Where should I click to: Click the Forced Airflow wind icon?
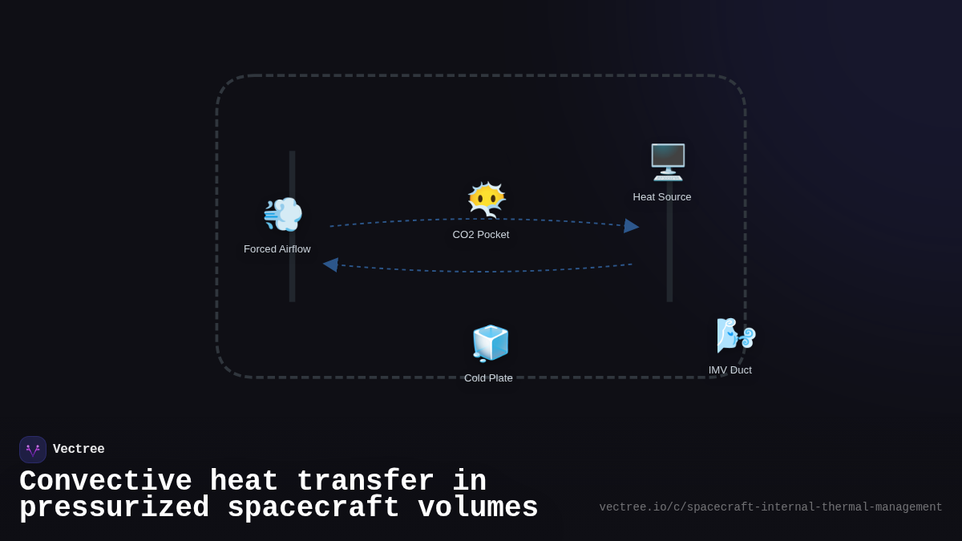tap(282, 214)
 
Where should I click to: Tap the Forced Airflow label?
tap(277, 249)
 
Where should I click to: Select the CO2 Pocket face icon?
tap(487, 200)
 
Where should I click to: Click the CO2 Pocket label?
tap(481, 235)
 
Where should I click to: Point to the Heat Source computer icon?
tap(668, 162)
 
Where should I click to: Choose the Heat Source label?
tap(662, 197)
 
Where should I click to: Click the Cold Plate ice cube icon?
tap(491, 343)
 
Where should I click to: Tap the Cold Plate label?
tap(488, 378)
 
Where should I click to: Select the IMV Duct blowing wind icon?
tap(735, 335)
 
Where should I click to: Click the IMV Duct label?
tap(730, 370)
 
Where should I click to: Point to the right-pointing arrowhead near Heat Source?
tap(632, 226)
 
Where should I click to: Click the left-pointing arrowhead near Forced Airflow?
tap(330, 264)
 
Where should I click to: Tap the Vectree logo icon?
tap(33, 450)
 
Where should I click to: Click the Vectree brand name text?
tap(79, 450)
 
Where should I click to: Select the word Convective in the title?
tap(106, 482)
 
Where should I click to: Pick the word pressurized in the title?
tap(114, 508)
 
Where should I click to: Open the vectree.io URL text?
tap(770, 507)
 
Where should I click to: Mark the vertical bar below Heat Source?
tap(669, 256)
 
